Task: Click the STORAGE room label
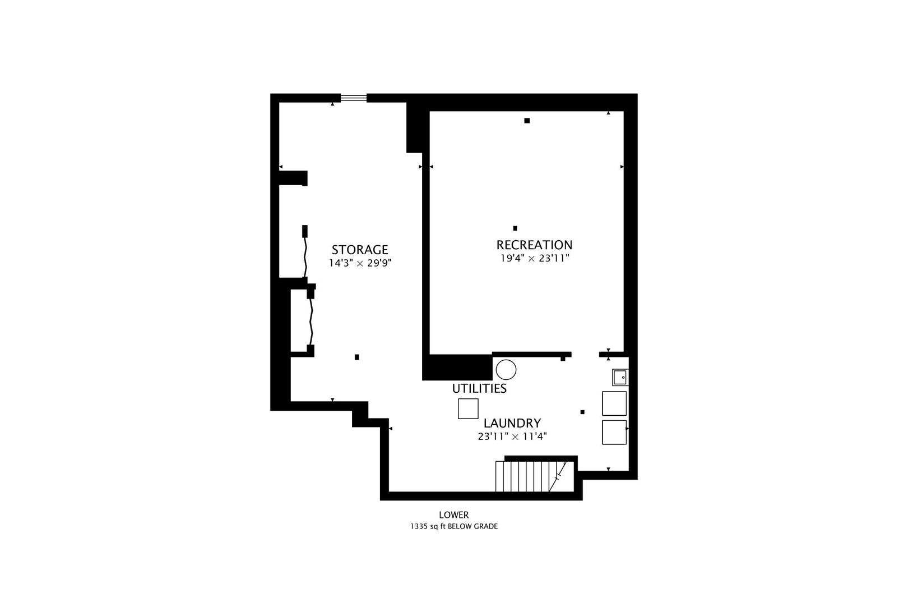pos(359,250)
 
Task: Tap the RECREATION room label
pos(534,245)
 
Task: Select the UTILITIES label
pos(479,388)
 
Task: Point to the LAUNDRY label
pos(512,423)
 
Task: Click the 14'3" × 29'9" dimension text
pos(359,263)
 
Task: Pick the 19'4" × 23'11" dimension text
pos(535,258)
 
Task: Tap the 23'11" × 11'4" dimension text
pos(512,436)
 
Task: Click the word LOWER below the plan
pos(453,515)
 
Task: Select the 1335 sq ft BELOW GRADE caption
pos(453,526)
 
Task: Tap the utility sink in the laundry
pos(620,377)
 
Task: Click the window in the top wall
pos(354,98)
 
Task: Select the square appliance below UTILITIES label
pos(468,408)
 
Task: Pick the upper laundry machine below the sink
pos(614,403)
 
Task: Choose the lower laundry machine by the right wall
pos(614,432)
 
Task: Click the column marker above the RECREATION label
pos(515,228)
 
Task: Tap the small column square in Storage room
pos(357,357)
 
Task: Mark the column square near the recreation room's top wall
pos(527,121)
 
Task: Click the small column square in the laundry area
pos(582,412)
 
